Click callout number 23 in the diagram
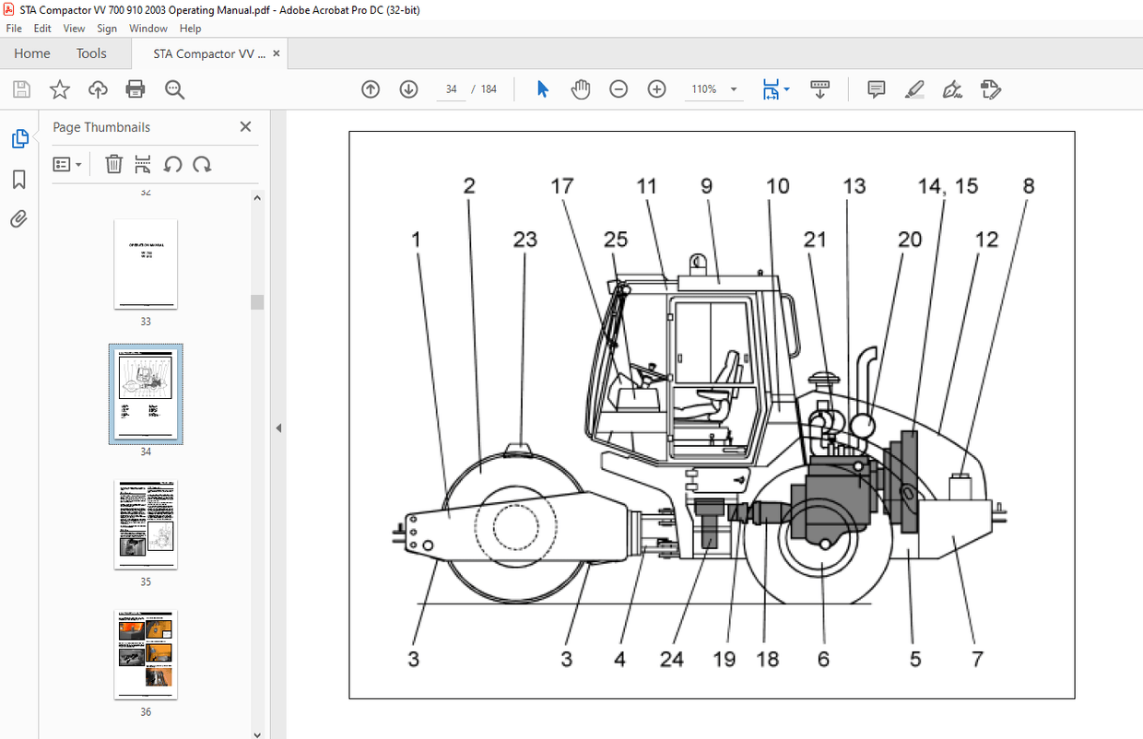[x=524, y=240]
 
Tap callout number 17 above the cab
[x=561, y=186]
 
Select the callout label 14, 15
[x=947, y=186]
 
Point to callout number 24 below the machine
[x=671, y=659]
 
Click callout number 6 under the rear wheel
[x=823, y=659]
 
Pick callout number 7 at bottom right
[x=977, y=659]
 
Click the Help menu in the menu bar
[x=190, y=29]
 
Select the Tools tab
[x=91, y=53]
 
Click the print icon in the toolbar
[x=136, y=89]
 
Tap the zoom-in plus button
[x=656, y=89]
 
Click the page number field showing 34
[x=451, y=89]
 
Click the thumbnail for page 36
[x=146, y=653]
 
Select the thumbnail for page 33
[x=146, y=264]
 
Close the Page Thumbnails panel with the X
[x=245, y=127]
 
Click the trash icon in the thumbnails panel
[x=113, y=165]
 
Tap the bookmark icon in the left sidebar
[x=19, y=179]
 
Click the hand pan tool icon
[x=580, y=89]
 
